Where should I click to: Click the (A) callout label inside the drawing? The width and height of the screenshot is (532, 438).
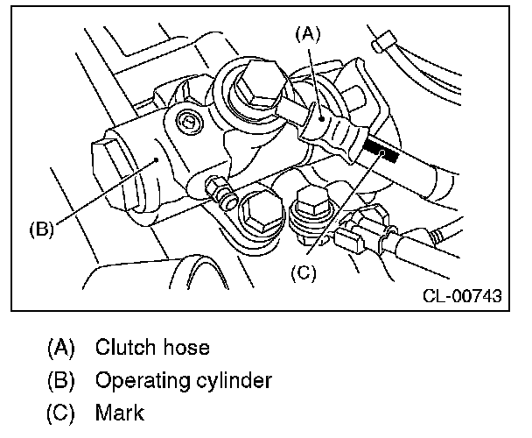click(x=308, y=34)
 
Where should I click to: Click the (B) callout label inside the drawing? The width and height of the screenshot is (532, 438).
click(x=42, y=230)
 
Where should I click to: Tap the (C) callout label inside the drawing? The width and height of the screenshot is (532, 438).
click(x=302, y=272)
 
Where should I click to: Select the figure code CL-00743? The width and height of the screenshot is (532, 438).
click(x=460, y=296)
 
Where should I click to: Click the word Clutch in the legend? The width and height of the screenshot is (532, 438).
click(x=122, y=347)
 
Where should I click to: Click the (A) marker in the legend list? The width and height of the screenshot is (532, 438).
click(x=61, y=347)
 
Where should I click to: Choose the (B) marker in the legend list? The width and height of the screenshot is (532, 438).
click(x=61, y=381)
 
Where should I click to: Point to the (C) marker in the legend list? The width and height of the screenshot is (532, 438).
click(x=61, y=413)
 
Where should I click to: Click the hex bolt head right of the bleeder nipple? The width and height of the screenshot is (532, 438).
click(x=259, y=208)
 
